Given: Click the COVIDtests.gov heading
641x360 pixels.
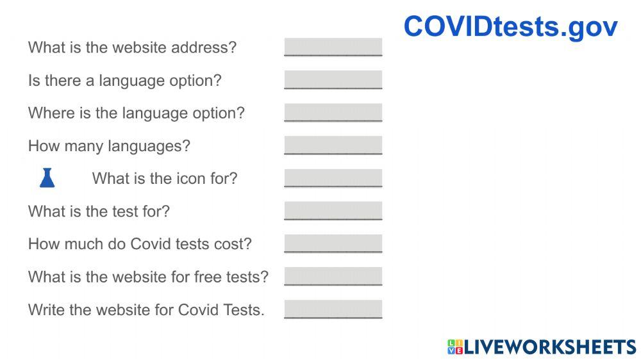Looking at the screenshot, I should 510,27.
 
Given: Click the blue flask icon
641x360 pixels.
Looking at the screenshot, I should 47,178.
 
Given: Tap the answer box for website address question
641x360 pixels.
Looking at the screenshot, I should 333,47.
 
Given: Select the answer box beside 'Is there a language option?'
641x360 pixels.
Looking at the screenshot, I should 333,80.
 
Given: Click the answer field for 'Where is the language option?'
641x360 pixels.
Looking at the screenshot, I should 333,113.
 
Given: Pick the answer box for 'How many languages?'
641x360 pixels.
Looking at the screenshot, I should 333,145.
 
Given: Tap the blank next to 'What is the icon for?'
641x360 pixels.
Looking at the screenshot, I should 333,178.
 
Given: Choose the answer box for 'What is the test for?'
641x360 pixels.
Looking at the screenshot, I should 333,211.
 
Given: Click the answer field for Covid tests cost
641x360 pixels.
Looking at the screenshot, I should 333,243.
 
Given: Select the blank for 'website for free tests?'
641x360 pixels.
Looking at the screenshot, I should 333,277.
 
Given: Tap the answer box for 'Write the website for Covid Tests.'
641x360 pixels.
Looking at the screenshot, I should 333,309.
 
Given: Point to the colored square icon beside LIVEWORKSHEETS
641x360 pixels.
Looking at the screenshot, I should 454,347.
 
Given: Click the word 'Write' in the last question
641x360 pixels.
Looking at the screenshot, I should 46,309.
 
